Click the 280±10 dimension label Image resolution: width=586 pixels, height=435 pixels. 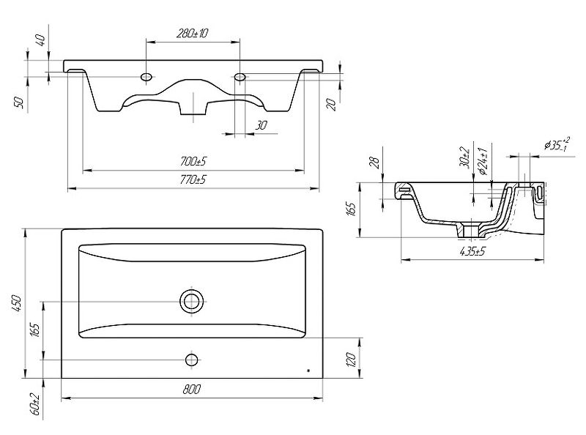coord(192,33)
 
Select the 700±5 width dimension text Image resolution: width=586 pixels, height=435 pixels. coord(193,161)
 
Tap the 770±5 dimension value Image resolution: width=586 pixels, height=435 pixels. coord(193,179)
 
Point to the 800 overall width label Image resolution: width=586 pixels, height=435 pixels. coord(192,390)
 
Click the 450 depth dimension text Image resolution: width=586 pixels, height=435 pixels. coord(17,304)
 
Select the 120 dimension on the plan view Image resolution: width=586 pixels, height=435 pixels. coord(352,359)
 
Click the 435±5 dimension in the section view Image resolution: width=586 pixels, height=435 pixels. coord(472,251)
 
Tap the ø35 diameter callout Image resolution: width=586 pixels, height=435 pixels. coord(557,144)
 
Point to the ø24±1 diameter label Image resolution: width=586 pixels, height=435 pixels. coord(483,161)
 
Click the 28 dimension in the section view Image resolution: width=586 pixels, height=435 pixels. coord(375,161)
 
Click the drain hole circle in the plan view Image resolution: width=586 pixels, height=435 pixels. coord(193,301)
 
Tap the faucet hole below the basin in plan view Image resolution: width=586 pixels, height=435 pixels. coord(192,360)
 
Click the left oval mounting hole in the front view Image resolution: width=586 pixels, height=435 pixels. coord(146,77)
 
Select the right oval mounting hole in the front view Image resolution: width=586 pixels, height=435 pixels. coord(240,77)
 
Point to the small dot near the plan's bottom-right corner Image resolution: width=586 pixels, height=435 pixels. coord(308,371)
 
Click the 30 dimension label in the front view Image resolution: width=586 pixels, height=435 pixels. coord(261,125)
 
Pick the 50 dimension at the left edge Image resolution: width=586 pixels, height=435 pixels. coord(18,103)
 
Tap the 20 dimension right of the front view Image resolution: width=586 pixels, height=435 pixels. coord(331,104)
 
